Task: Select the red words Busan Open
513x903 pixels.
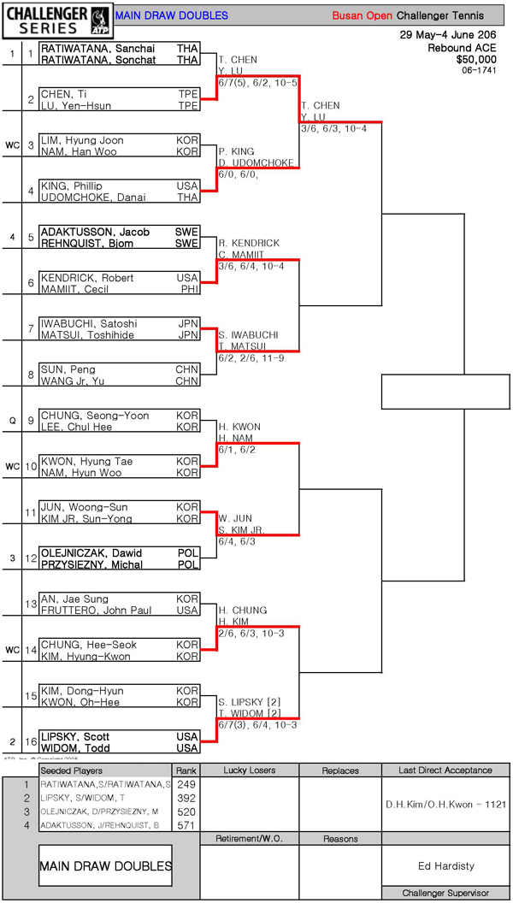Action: [x=363, y=15]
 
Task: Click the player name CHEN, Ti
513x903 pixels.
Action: [x=63, y=94]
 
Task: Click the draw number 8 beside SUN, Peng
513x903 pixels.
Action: [x=31, y=375]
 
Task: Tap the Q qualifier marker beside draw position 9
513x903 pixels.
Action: [x=12, y=421]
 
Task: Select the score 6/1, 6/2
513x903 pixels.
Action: [x=237, y=450]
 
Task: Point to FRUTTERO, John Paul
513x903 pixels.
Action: [x=94, y=611]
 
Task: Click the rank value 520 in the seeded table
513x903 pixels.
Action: [x=185, y=811]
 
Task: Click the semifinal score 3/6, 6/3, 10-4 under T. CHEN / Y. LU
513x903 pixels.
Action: [x=333, y=128]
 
